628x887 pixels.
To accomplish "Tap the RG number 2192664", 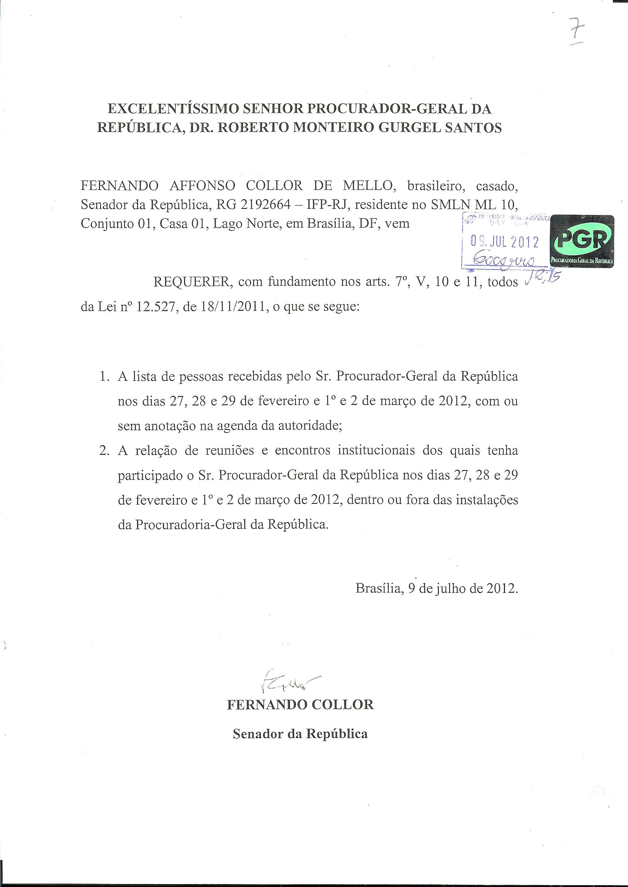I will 265,205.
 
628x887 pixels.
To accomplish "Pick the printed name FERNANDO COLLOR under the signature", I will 300,705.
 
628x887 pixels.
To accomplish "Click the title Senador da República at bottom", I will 300,734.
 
